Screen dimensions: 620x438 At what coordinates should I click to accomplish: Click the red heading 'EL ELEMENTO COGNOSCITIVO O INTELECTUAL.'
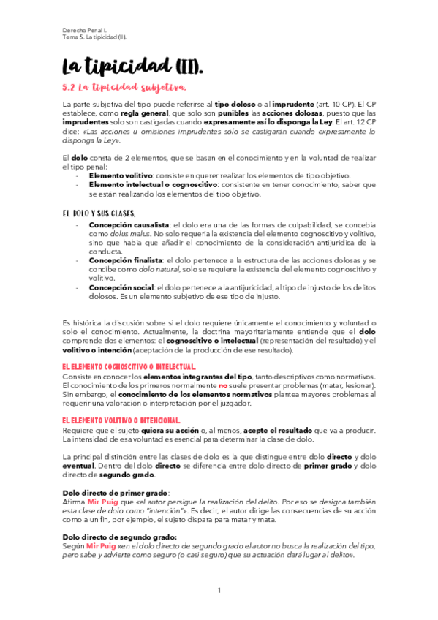129,366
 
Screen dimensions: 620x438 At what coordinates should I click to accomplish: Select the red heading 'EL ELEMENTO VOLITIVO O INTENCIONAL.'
121,420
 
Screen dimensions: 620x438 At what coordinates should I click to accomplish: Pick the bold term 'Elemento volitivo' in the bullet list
121,176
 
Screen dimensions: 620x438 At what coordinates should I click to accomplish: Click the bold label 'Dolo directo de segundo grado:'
118,537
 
